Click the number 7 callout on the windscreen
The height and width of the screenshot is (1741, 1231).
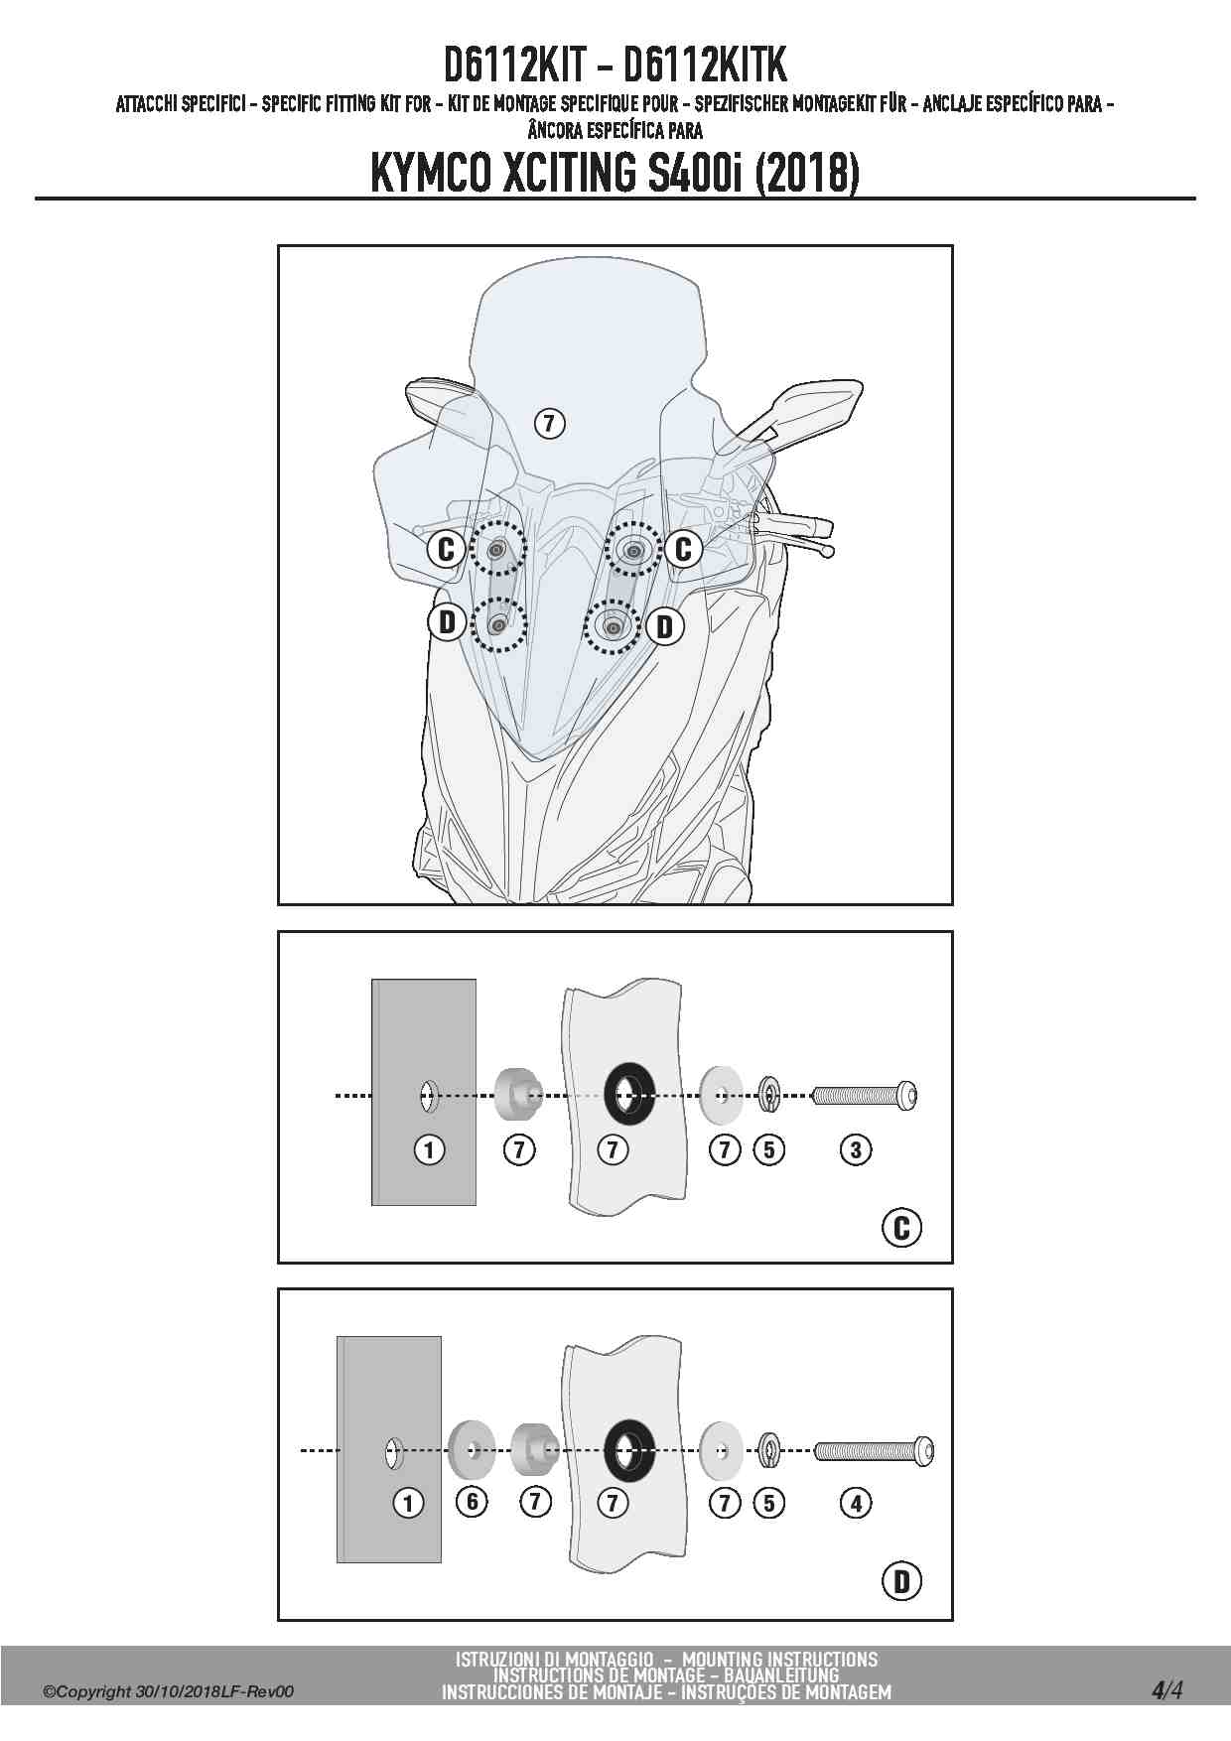tap(549, 424)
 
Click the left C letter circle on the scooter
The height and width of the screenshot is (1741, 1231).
tap(446, 548)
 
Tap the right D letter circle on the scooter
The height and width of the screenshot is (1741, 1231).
tap(664, 625)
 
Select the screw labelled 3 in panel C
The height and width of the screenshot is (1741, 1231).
tap(865, 1096)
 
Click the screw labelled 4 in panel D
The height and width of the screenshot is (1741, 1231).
tap(874, 1451)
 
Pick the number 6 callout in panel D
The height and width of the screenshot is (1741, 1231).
tap(473, 1502)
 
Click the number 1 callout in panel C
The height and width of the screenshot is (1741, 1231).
tap(429, 1150)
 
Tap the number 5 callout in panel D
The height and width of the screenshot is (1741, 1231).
tap(769, 1503)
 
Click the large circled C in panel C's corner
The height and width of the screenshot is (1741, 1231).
tap(901, 1228)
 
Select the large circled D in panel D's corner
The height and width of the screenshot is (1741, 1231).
tap(901, 1580)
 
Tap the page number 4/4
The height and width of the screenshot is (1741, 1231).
tap(1167, 1690)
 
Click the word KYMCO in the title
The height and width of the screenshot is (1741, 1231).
tap(428, 173)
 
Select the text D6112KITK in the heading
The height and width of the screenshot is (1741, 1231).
tap(705, 65)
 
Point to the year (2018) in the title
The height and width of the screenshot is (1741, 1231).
tap(806, 173)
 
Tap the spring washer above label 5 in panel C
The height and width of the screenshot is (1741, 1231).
tap(768, 1095)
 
